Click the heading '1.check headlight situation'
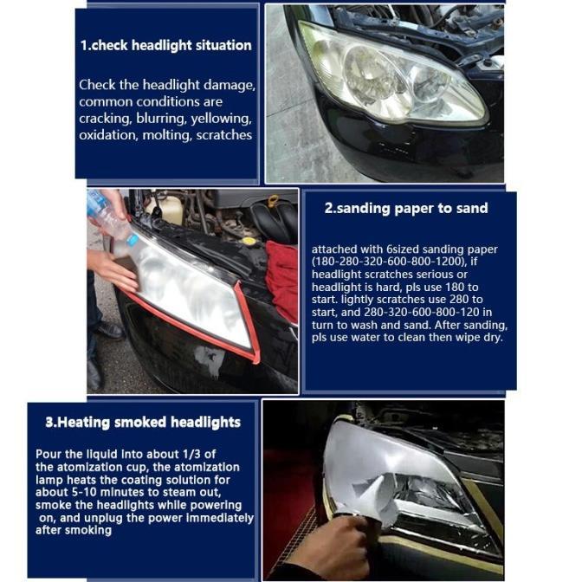[x=166, y=46]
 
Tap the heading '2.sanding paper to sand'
[x=406, y=208]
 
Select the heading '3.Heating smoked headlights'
[x=143, y=423]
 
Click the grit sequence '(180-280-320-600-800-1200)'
[x=390, y=262]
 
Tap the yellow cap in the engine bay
[x=248, y=241]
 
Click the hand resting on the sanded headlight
[x=113, y=270]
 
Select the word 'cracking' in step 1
[x=105, y=119]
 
